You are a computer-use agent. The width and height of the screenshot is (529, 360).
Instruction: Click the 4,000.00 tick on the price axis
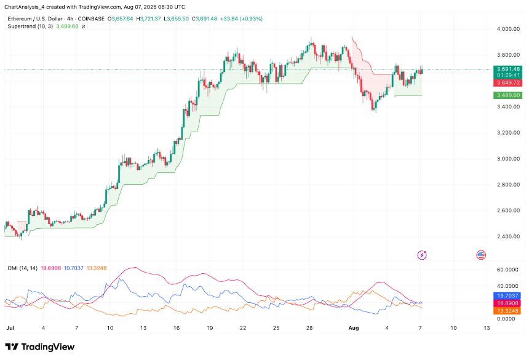pos(507,29)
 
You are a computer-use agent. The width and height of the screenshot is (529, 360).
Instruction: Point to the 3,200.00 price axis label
pos(507,133)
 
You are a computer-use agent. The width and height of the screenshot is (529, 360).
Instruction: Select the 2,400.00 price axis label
pos(507,237)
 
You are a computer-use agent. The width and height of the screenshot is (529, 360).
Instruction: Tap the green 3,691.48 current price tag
pos(508,69)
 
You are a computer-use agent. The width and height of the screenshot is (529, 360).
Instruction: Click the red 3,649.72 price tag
pos(508,82)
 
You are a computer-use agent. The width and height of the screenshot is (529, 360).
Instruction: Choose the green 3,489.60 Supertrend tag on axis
pos(508,95)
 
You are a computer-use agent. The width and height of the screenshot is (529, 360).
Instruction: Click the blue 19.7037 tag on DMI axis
pos(509,295)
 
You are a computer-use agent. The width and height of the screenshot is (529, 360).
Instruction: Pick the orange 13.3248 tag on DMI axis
pos(509,311)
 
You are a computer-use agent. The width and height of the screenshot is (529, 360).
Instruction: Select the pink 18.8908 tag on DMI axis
pos(509,303)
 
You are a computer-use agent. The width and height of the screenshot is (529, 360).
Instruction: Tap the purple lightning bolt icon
pos(423,254)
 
